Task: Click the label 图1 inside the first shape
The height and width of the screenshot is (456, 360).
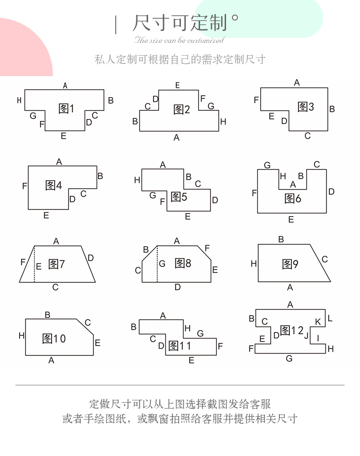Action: coord(67,109)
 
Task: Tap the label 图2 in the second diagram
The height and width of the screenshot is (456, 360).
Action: coord(181,109)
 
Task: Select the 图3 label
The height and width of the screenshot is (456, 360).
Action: coord(306,107)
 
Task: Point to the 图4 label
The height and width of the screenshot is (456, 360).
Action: coord(54,185)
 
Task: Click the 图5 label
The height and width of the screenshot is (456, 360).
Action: coord(179,197)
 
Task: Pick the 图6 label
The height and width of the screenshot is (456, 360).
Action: coord(293,198)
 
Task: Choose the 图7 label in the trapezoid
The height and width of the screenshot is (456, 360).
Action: coord(57,264)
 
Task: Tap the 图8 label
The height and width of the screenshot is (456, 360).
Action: coord(183,263)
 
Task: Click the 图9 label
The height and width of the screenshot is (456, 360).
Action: coord(290,264)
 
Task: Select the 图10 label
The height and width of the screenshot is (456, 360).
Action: coord(54,338)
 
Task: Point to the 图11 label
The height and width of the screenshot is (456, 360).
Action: coord(180,346)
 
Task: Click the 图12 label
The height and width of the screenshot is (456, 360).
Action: coord(292,330)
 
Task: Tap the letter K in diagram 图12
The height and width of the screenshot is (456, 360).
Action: coord(318,322)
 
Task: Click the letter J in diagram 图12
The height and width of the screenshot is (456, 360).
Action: coord(306,336)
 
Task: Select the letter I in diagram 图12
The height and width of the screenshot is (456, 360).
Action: coord(318,338)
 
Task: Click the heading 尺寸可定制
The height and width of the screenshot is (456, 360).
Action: coord(180,23)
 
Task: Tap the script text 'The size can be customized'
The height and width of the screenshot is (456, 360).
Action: coord(179,40)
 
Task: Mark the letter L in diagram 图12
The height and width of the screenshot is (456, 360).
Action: coord(330,318)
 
